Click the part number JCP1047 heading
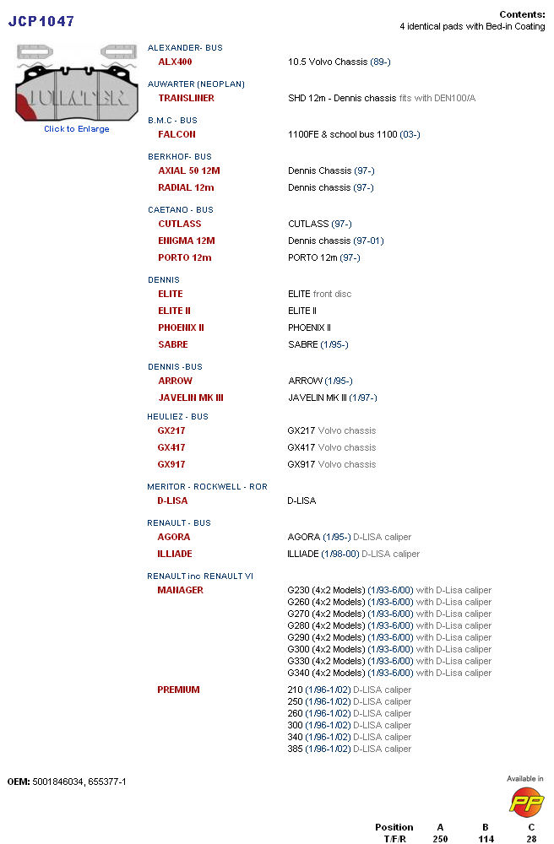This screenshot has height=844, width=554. [41, 21]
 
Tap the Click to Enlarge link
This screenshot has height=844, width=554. [77, 129]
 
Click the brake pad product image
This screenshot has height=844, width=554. [77, 84]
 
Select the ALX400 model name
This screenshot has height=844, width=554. [175, 62]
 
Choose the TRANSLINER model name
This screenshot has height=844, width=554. [186, 98]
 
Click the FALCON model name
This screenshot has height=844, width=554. [177, 134]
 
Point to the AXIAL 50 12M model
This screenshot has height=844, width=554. [188, 170]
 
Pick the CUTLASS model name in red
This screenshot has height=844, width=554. [180, 224]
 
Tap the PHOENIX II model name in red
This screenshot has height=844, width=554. [181, 327]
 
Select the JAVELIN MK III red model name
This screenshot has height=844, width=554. [191, 398]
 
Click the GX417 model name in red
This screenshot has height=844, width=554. [171, 447]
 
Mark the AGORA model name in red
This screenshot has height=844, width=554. [174, 537]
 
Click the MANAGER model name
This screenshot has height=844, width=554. [180, 590]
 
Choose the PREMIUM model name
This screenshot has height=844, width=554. [178, 690]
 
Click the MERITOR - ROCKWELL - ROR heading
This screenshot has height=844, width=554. [207, 487]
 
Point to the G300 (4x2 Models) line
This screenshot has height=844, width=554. [327, 649]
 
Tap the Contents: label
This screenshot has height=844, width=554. [522, 14]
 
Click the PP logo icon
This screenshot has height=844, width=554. [525, 799]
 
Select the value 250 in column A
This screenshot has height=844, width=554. [440, 839]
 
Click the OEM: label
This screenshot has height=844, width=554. [19, 782]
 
